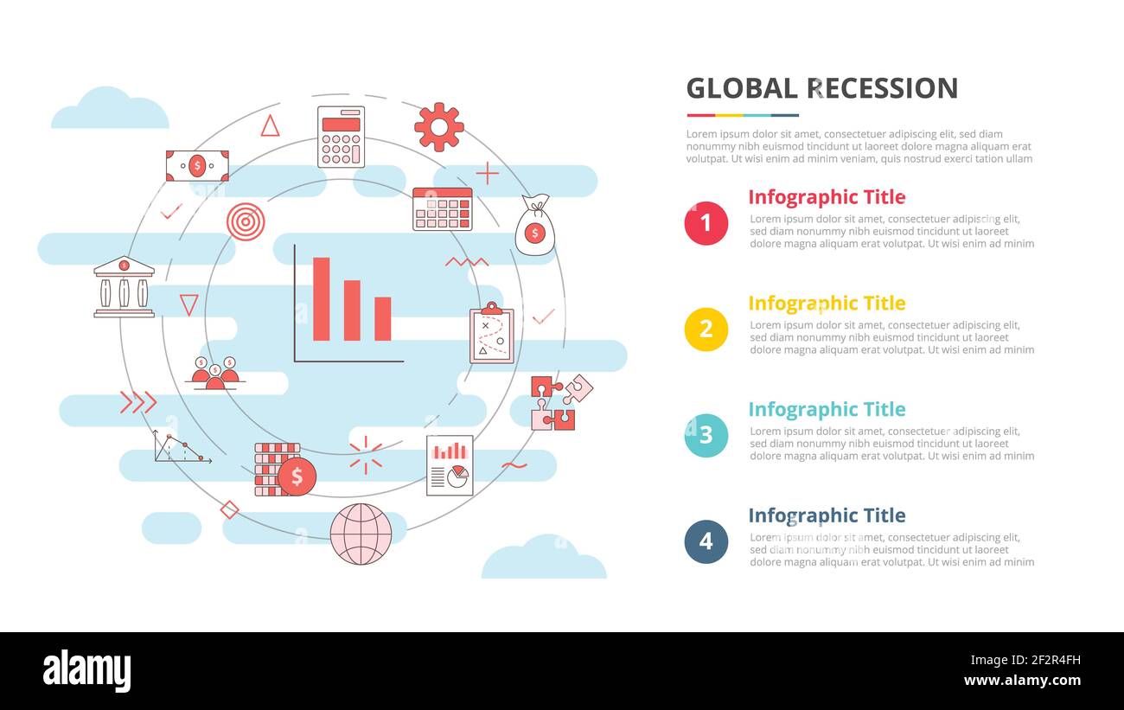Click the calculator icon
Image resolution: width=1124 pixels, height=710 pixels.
coord(341,137)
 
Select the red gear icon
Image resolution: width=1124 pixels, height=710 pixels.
coord(439,127)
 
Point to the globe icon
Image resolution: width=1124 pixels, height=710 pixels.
coord(361,534)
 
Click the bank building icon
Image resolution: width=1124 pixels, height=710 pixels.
coord(124,287)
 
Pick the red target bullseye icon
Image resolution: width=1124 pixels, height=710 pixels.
coord(246,221)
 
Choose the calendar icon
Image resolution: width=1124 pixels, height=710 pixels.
coord(442,208)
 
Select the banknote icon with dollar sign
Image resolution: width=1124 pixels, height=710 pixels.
coord(197,165)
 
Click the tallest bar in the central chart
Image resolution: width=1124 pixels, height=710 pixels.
coord(321,298)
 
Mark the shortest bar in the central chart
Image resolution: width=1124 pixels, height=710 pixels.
coord(382,318)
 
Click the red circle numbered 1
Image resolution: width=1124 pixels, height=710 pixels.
coord(706,223)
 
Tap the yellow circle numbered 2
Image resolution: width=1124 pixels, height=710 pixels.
coord(706,329)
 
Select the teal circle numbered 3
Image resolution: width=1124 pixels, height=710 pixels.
coord(706,435)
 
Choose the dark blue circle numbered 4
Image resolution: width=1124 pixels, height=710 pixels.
coord(706,541)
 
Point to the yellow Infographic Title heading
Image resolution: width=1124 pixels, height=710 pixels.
coord(826,304)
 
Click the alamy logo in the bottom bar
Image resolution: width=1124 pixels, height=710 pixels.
coord(86,671)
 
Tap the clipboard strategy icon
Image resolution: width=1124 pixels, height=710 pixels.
coord(491,334)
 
